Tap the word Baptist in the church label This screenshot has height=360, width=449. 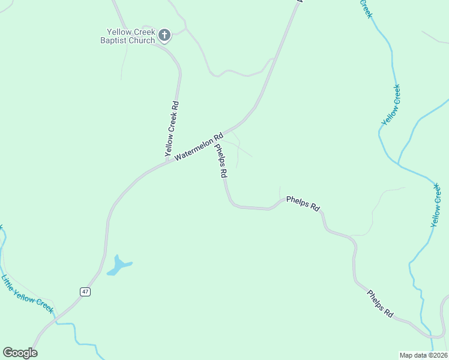point(116,41)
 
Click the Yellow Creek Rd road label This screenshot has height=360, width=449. point(172,128)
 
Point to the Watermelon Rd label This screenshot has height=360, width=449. point(199,146)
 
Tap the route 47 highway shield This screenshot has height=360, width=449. point(85,292)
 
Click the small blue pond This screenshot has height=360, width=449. point(118,265)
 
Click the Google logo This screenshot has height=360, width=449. point(20,353)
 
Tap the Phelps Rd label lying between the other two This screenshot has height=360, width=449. point(303,203)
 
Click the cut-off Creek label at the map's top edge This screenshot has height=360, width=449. point(366,8)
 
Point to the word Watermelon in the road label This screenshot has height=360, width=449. point(193,149)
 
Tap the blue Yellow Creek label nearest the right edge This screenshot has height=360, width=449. point(436,206)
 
